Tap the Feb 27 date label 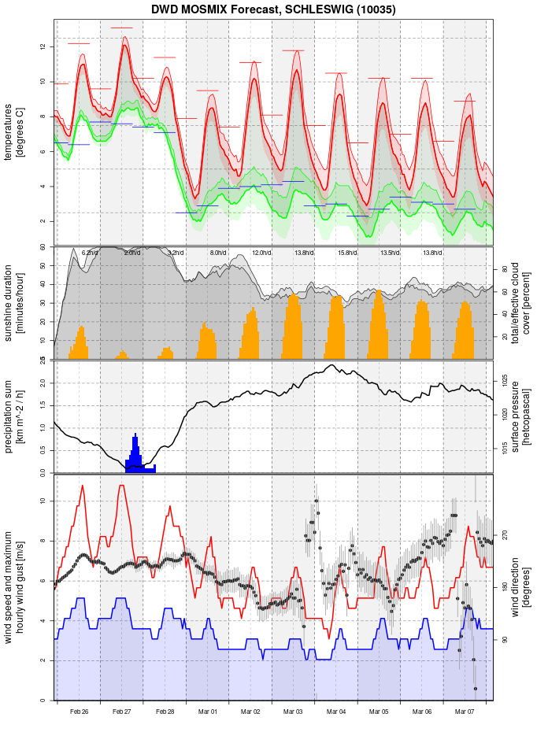click(122, 712)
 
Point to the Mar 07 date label click(465, 712)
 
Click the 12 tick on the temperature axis click(45, 47)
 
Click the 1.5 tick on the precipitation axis click(45, 405)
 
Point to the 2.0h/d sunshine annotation click(132, 253)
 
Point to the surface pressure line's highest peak click(333, 365)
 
